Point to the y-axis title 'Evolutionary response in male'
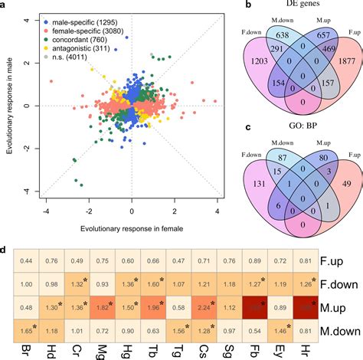(x=8, y=103)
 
